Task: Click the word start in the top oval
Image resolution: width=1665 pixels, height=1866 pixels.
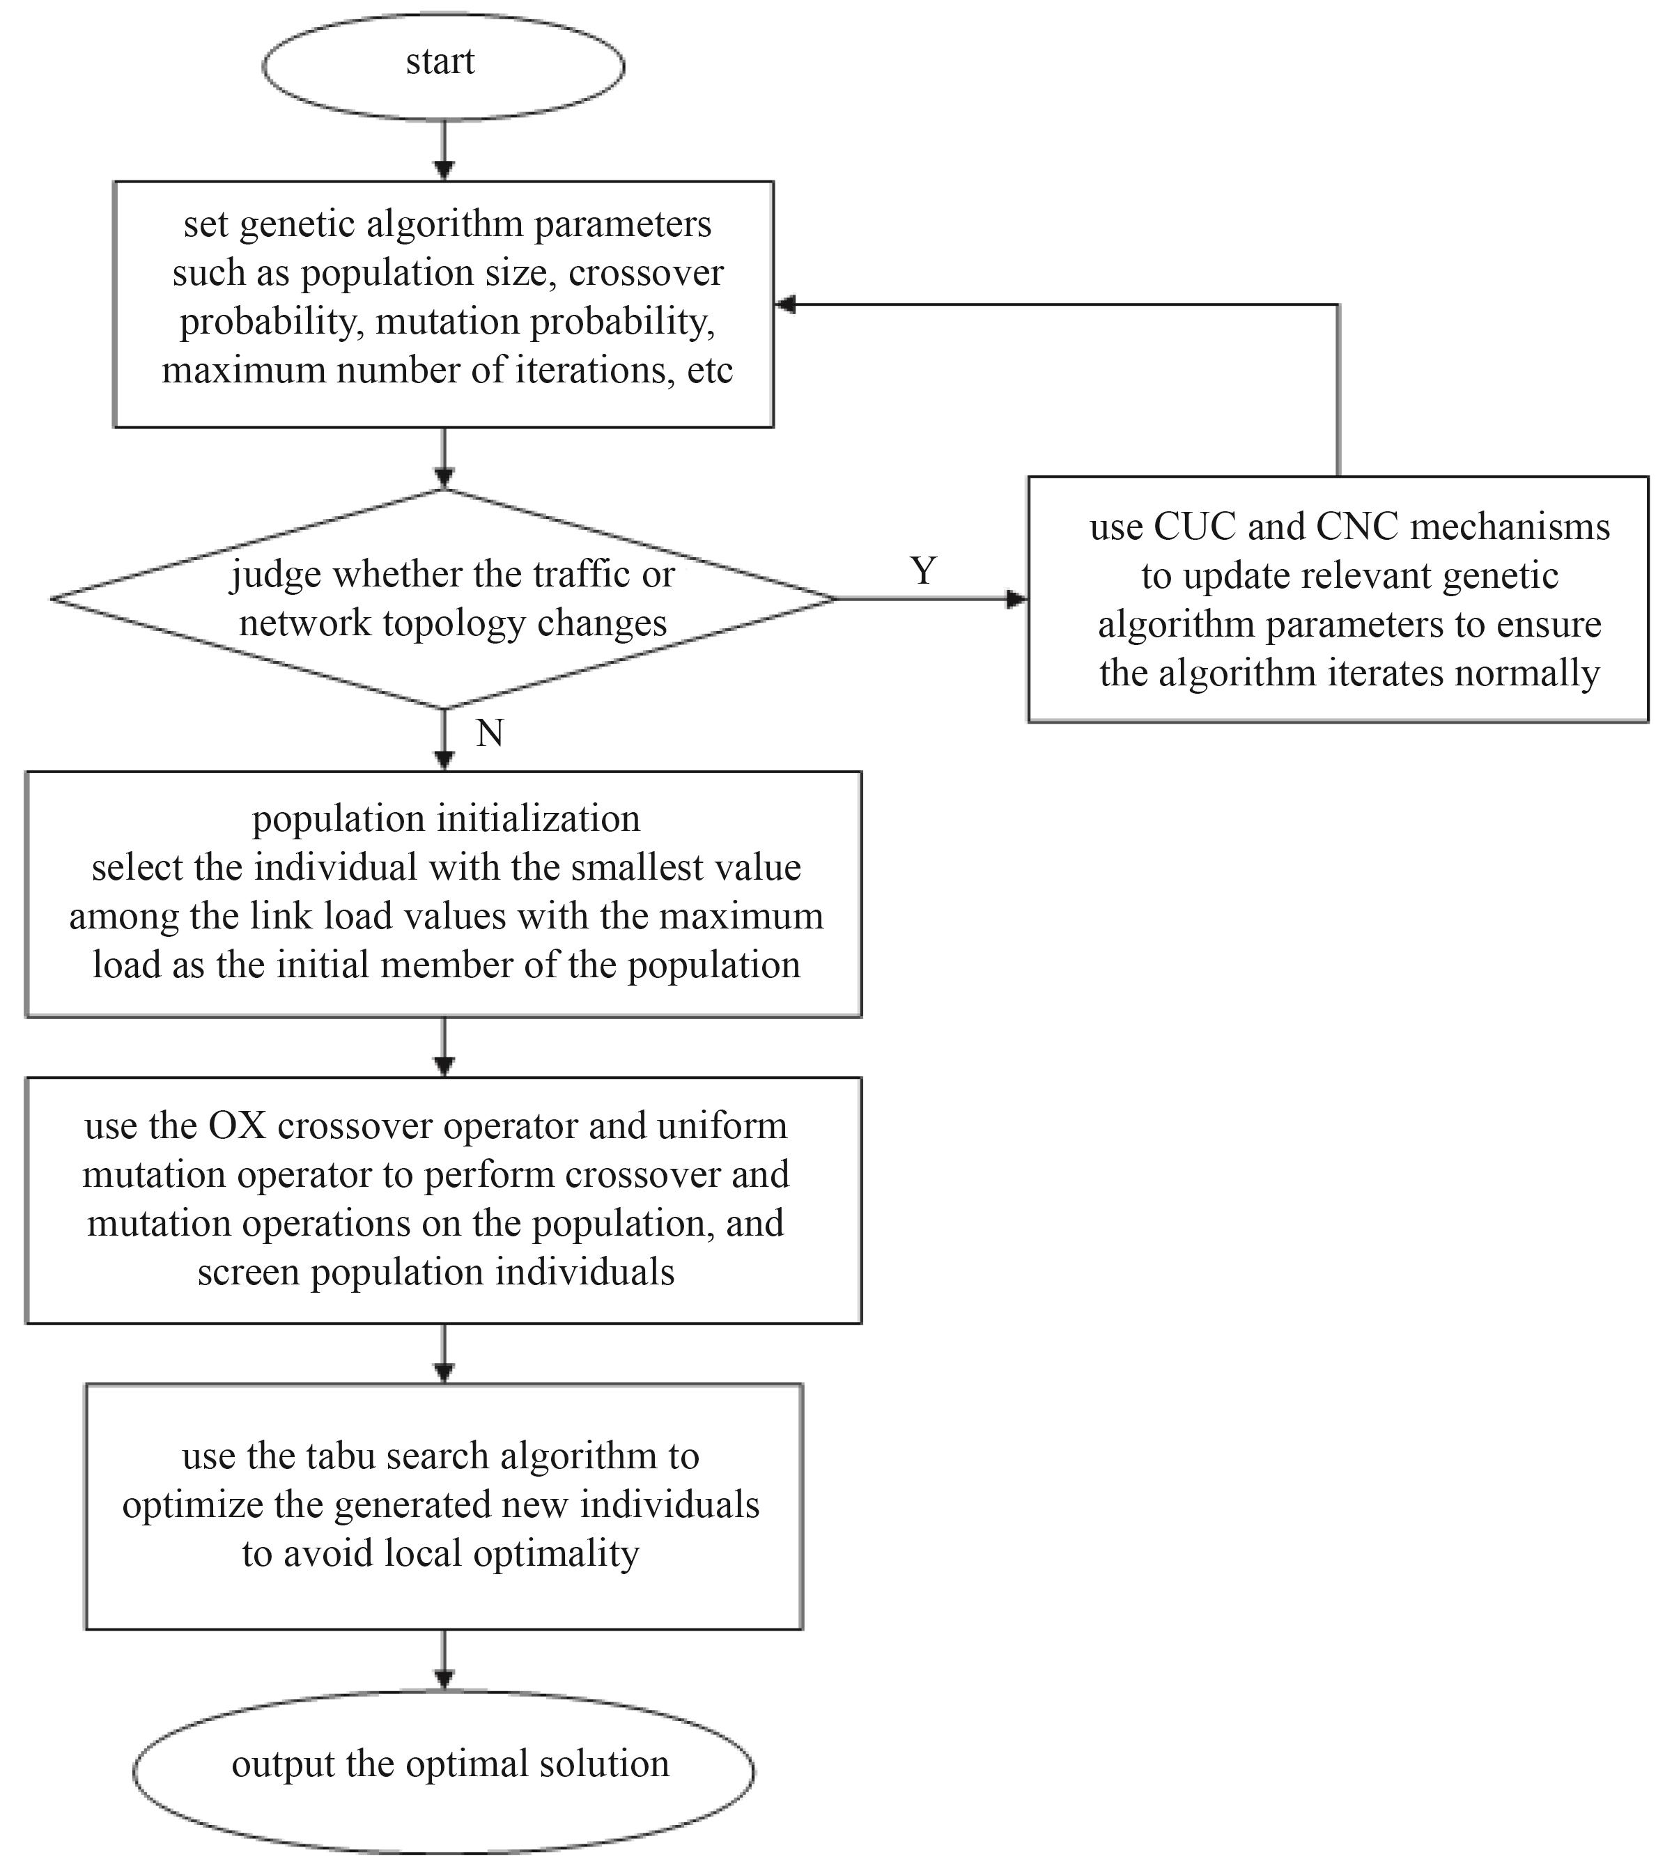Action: (440, 62)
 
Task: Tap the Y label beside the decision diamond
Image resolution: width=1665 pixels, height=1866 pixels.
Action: (923, 570)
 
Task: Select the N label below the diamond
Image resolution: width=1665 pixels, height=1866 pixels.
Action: (490, 733)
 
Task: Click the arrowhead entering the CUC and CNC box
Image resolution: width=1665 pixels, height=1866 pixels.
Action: (1017, 599)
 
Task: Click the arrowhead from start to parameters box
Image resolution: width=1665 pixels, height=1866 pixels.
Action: (444, 170)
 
